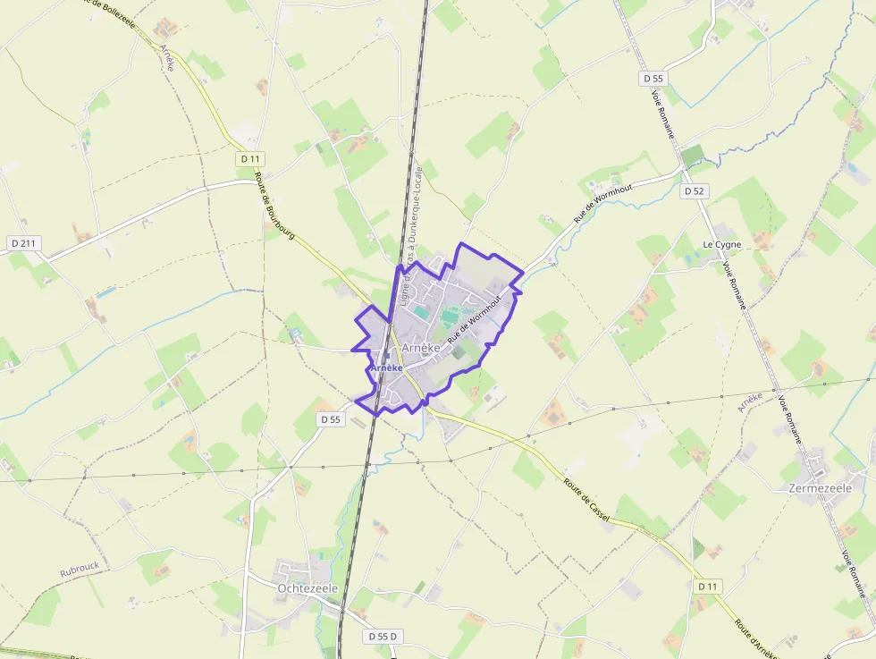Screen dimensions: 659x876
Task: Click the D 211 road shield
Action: point(25,243)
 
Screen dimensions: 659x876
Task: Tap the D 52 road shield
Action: point(694,191)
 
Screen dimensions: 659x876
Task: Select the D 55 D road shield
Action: point(383,637)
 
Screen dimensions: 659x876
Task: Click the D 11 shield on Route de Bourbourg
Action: point(249,158)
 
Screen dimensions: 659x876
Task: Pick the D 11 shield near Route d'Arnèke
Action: point(708,586)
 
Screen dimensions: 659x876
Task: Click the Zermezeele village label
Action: point(821,488)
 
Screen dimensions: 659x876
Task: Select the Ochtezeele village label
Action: point(307,588)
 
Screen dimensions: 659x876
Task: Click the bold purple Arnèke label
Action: point(386,368)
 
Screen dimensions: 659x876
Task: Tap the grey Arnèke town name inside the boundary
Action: point(420,347)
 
